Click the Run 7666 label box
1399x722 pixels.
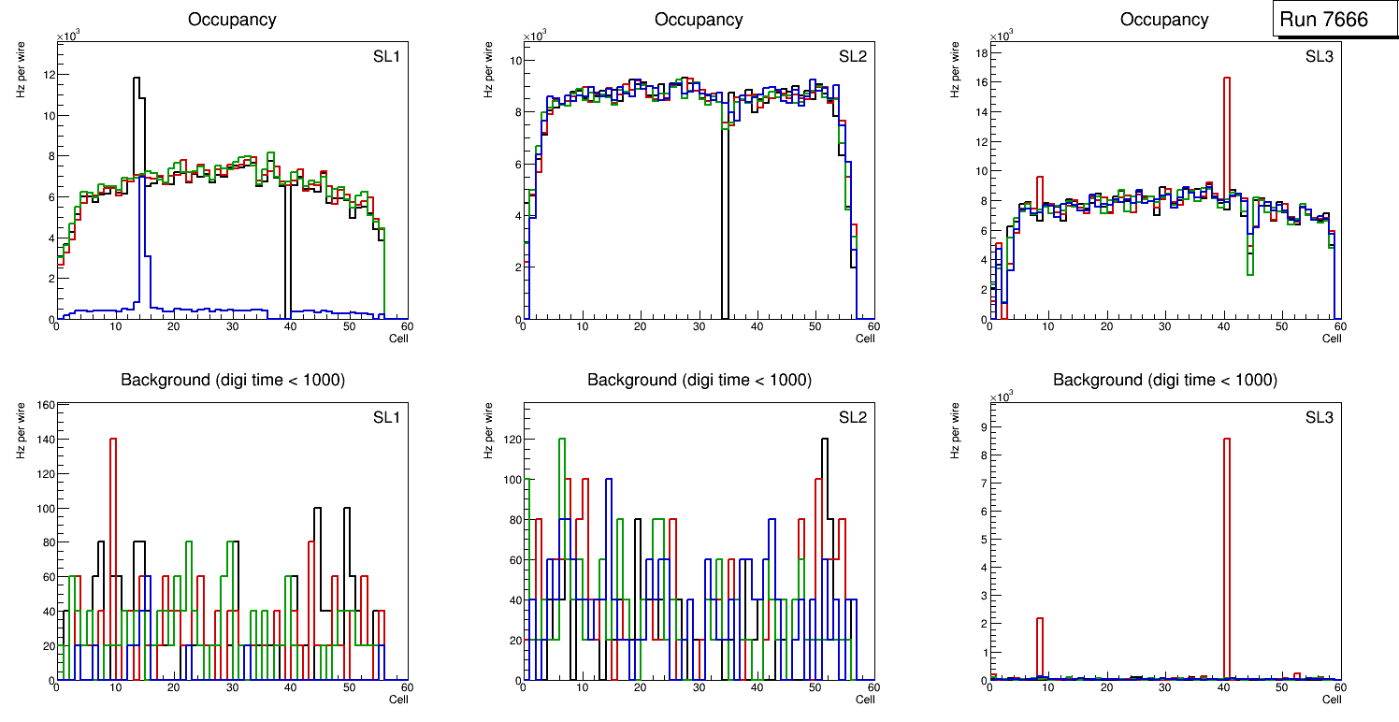point(1335,20)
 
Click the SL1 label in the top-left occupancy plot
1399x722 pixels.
point(386,57)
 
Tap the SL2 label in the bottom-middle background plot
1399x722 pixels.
point(852,417)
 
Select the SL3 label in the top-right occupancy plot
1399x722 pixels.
point(1320,57)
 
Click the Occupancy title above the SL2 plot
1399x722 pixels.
point(699,20)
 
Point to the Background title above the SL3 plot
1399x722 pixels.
point(1164,380)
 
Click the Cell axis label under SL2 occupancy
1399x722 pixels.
point(865,339)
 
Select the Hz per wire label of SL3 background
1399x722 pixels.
point(955,430)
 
